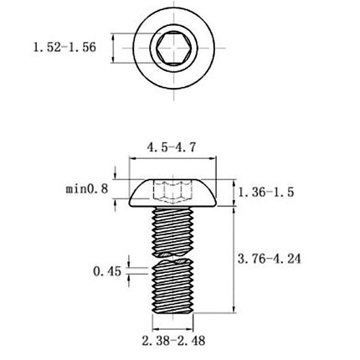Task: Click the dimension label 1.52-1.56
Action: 64,48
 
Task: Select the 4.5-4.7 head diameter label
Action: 172,147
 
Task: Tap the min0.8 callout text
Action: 86,190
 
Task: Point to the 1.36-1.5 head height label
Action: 265,192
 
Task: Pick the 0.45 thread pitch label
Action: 108,271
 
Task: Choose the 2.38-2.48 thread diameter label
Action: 175,341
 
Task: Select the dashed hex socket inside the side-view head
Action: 176,193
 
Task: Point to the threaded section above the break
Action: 176,229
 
